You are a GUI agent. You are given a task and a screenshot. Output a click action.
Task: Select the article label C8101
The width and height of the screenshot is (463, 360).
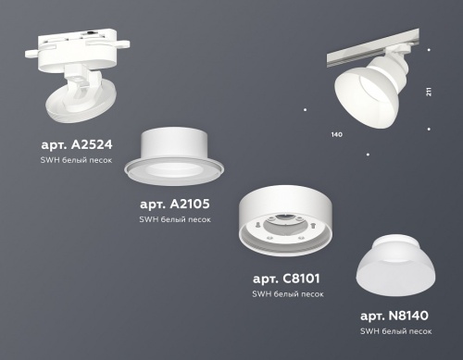(x=288, y=278)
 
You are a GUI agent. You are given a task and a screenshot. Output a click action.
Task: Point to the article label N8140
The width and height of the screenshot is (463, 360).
(x=394, y=315)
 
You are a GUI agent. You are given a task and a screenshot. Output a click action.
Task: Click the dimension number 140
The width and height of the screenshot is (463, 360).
(x=335, y=135)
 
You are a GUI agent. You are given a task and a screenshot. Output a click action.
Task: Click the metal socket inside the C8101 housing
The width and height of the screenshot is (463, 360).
(x=292, y=227)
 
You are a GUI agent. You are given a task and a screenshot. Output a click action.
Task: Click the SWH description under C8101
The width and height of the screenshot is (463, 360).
(x=288, y=293)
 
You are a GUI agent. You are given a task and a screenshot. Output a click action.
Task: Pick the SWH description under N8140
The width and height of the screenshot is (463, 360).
(x=395, y=330)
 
